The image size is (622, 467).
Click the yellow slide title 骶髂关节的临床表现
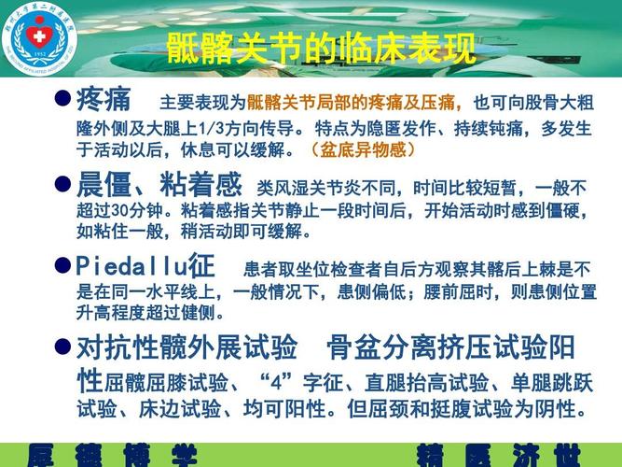pos(321,48)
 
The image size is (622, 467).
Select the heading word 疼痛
pos(104,100)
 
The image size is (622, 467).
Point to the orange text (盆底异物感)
pos(363,149)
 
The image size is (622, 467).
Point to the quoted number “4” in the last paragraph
pos(279,384)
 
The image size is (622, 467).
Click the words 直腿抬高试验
pos(428,384)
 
